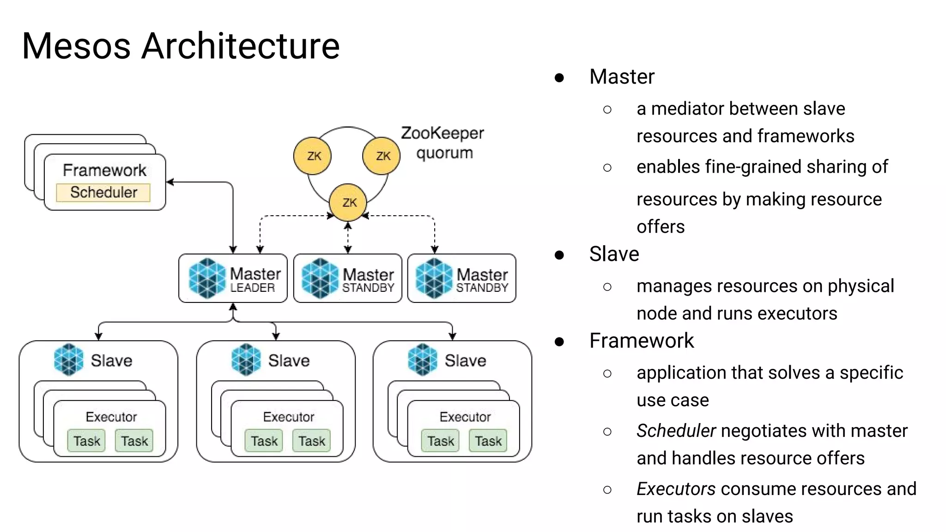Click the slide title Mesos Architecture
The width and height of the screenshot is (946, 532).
coord(181,46)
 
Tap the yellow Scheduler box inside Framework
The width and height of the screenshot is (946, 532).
coord(103,193)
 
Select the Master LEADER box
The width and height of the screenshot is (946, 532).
coord(233,278)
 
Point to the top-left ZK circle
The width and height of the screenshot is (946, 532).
coord(313,156)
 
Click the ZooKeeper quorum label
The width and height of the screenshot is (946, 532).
coord(443,143)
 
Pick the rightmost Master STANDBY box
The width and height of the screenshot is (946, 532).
coord(461,278)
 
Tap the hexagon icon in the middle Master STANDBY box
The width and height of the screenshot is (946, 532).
coord(320,278)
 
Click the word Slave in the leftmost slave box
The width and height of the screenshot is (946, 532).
coord(111,361)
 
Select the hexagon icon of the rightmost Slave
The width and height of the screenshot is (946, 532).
coord(423,359)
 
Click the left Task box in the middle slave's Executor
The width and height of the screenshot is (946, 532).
coord(264,441)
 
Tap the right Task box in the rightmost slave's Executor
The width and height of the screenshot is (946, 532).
coord(488,441)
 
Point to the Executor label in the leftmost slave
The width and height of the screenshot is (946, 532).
coord(111,417)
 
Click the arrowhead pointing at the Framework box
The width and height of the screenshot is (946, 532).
coord(170,182)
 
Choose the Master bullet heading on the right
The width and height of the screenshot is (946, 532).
coord(622,77)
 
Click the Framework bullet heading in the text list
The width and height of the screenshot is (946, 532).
coord(641,341)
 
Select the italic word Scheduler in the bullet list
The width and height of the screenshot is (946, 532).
coord(676,431)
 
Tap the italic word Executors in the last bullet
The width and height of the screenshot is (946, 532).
coord(676,489)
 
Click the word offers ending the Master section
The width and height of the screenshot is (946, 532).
coord(661,227)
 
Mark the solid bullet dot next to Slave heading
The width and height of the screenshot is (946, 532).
coord(559,255)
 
